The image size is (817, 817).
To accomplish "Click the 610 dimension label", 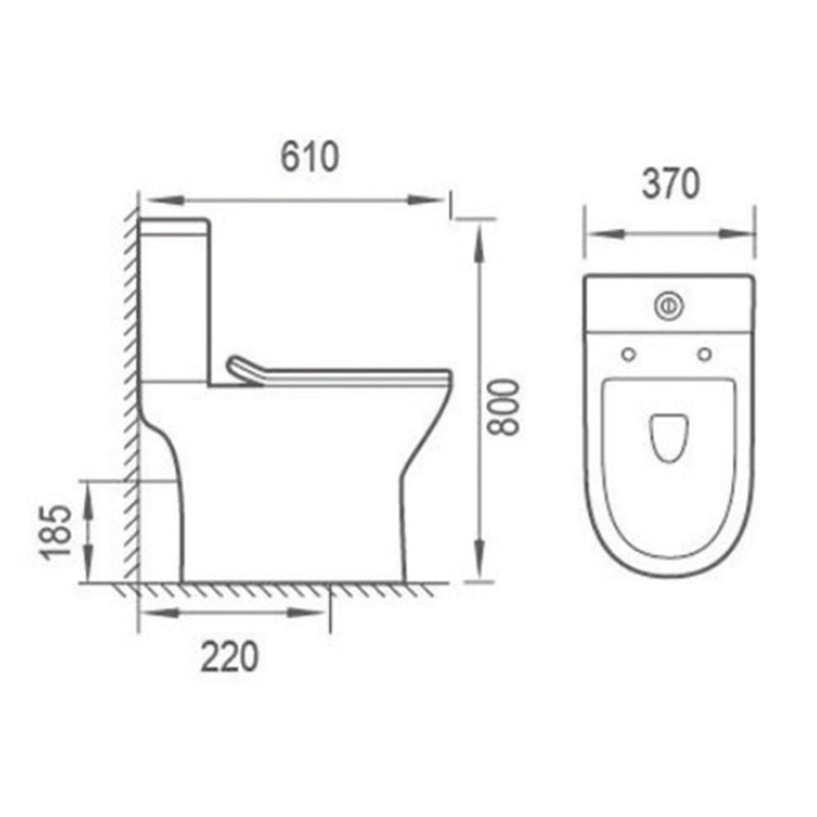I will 310,157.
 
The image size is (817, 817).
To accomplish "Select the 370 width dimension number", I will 670,185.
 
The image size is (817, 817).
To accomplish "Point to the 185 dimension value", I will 56,533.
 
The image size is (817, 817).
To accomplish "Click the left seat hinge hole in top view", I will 628,354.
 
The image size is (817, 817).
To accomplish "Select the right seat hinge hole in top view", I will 705,354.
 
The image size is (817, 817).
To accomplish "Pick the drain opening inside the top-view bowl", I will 667,437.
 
